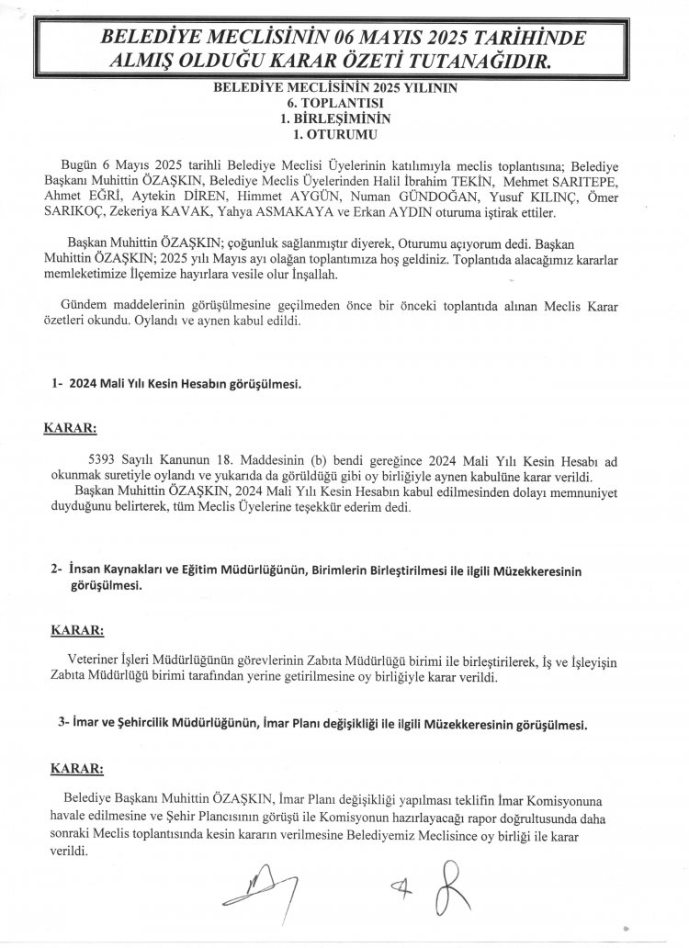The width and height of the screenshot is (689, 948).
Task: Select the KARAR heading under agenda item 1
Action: click(71, 428)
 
